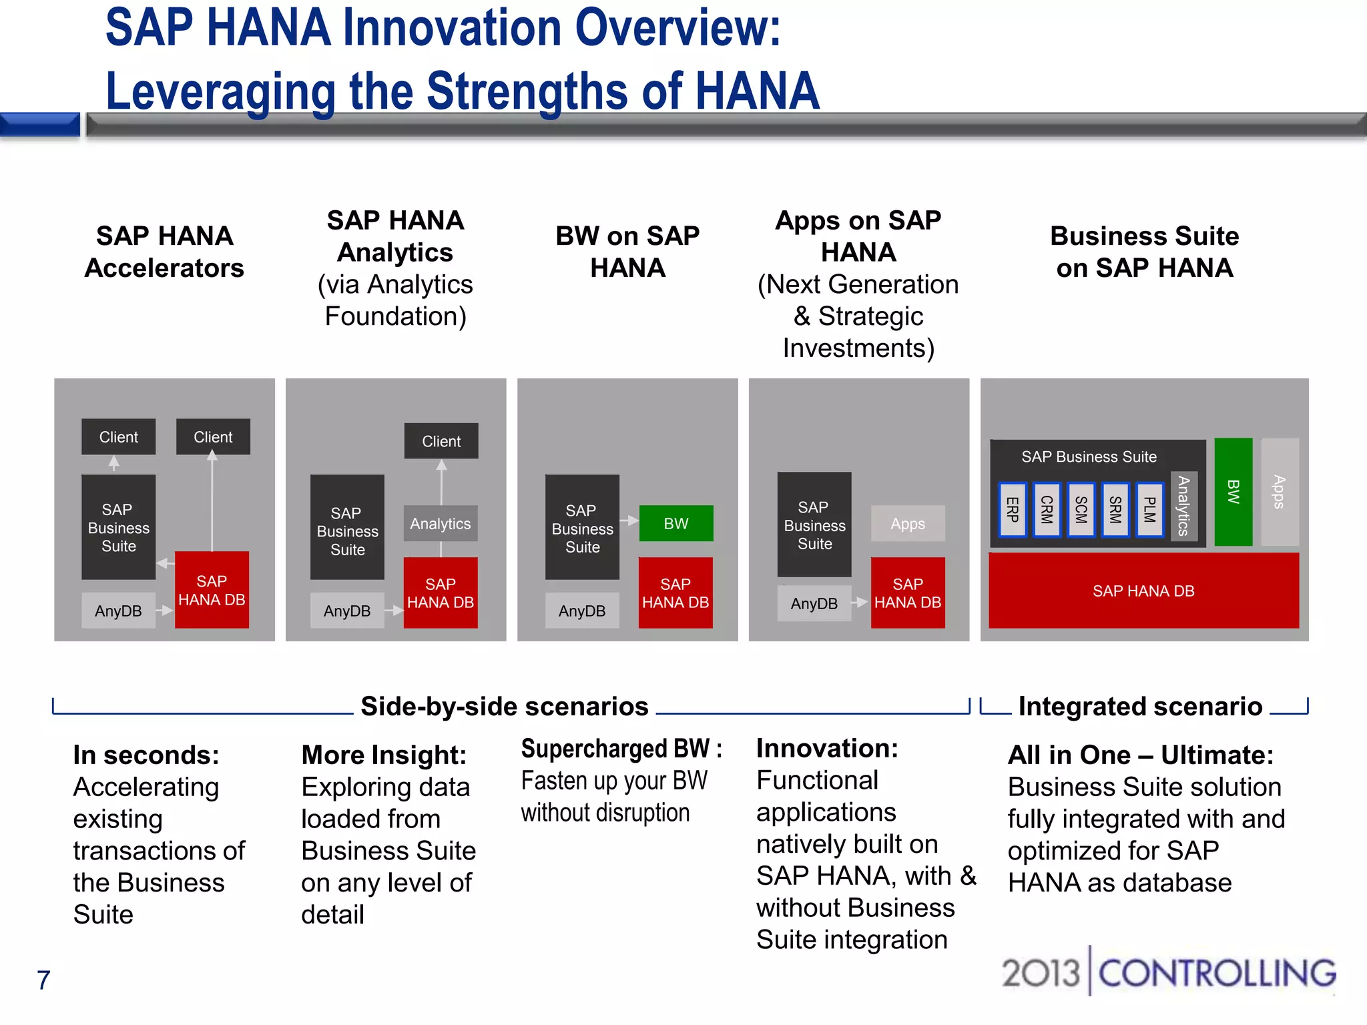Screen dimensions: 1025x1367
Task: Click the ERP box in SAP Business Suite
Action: (1012, 510)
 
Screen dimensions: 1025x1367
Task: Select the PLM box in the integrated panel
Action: (1149, 510)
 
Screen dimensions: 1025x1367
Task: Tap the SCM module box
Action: (1081, 510)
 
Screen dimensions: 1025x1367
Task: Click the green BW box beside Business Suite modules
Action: (1233, 492)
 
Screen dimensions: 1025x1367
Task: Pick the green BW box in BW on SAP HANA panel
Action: (675, 523)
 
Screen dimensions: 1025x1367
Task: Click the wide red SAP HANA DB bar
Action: (1143, 591)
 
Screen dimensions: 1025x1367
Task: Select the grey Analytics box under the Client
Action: (441, 524)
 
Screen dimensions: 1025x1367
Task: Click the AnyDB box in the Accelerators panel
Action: (118, 611)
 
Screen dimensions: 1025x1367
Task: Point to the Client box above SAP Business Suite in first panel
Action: (118, 437)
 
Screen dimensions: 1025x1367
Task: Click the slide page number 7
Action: (43, 980)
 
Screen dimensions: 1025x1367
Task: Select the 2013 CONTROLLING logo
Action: (1168, 973)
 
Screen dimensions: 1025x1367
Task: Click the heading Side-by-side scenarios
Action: (504, 706)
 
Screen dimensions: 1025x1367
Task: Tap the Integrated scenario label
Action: (1140, 706)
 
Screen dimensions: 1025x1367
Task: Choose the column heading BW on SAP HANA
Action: (627, 252)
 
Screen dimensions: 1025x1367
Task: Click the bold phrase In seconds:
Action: (146, 755)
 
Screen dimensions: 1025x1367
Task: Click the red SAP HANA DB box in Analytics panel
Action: (441, 593)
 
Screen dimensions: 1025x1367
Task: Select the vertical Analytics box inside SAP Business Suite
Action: (1183, 506)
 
